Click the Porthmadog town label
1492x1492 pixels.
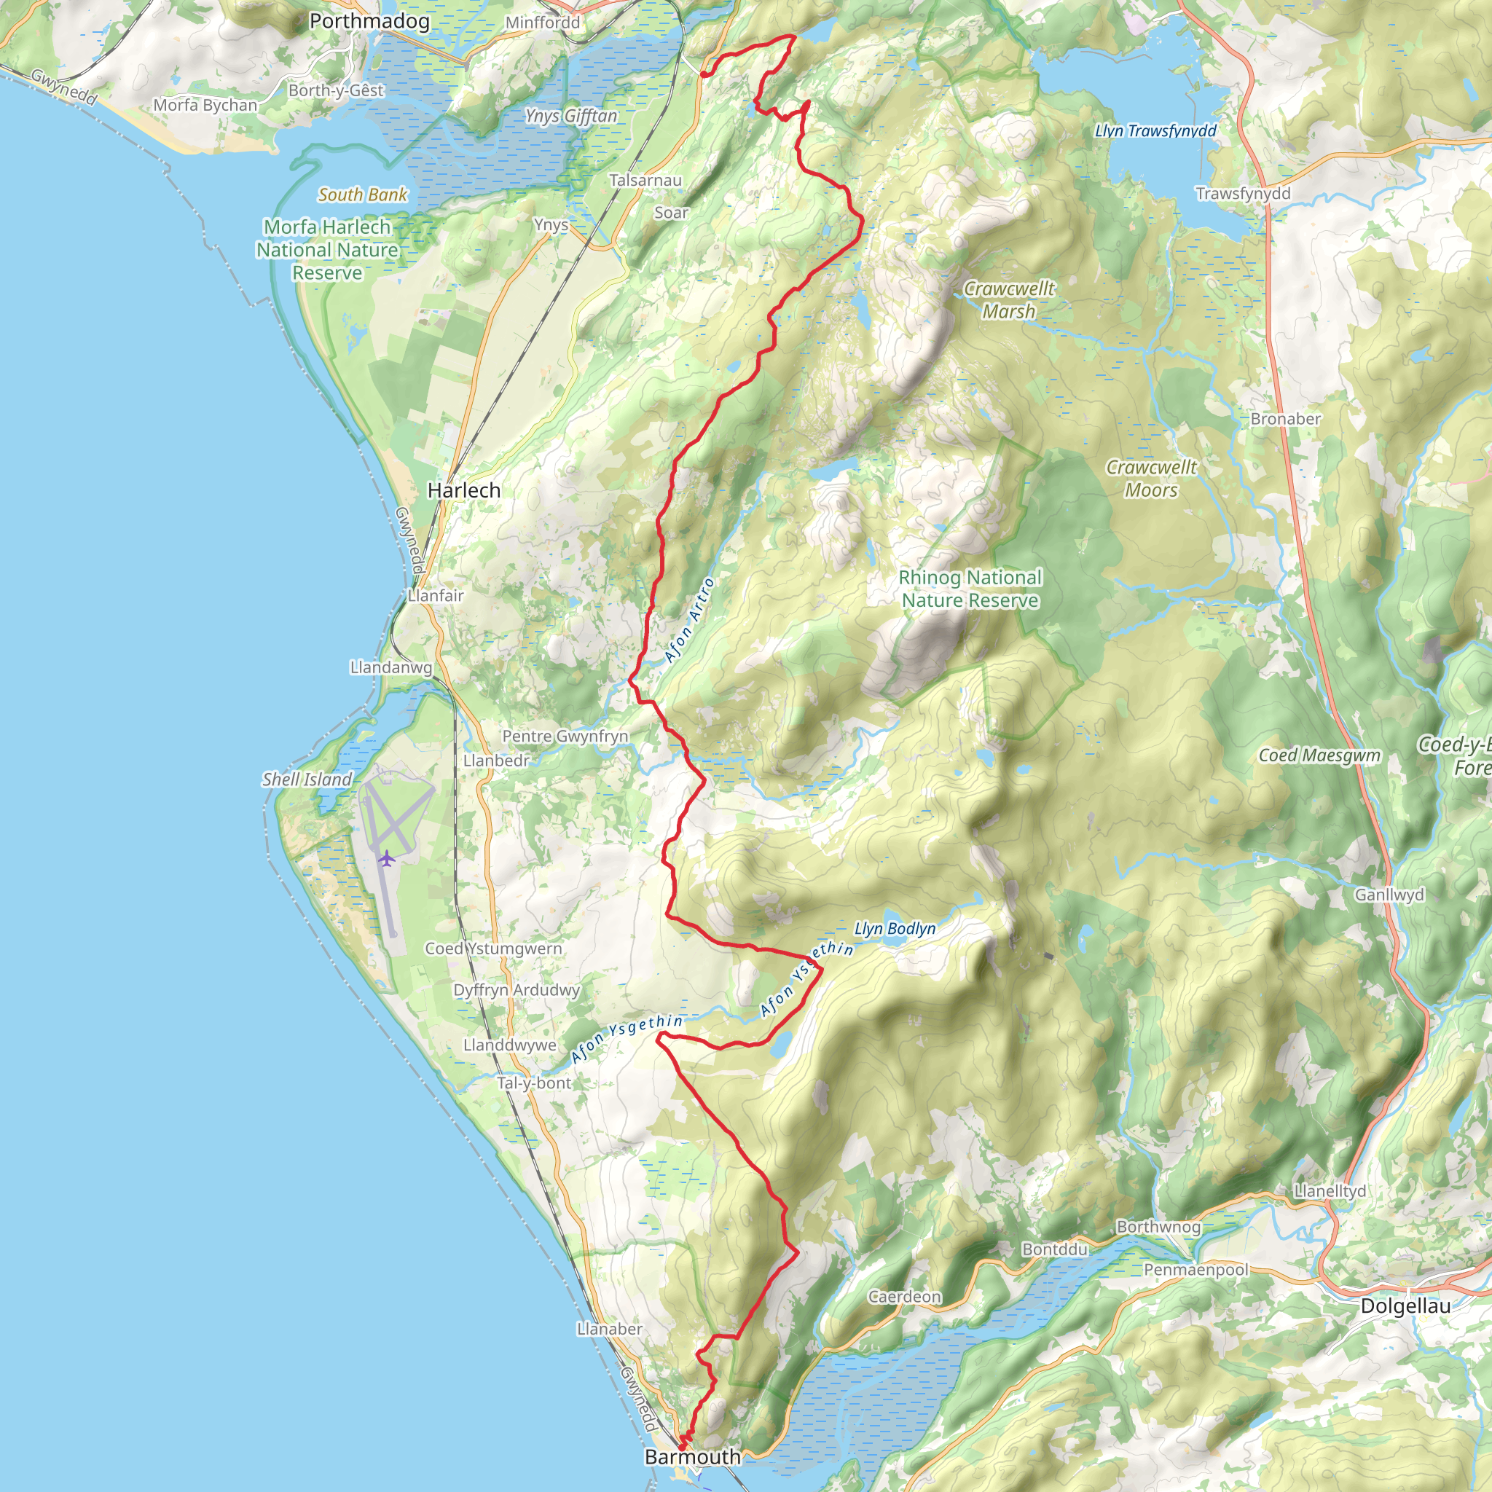click(369, 21)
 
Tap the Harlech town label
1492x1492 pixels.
click(463, 490)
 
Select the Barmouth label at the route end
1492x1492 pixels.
click(692, 1456)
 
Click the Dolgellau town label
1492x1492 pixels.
click(1405, 1306)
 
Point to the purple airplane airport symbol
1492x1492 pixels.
click(386, 858)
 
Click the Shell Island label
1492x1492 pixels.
click(307, 780)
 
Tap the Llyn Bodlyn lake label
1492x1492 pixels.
click(895, 928)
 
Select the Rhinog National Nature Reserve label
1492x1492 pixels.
click(970, 589)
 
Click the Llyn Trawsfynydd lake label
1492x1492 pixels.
click(1155, 130)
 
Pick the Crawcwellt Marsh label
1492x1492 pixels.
click(1008, 299)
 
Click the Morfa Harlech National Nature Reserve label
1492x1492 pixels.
click(327, 249)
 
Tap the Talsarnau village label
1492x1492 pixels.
click(645, 180)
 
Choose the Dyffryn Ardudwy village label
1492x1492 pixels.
click(516, 990)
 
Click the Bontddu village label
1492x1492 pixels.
click(1054, 1249)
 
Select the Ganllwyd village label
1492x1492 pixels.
click(1389, 895)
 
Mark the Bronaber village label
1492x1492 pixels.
click(1285, 419)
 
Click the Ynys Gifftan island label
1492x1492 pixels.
click(570, 116)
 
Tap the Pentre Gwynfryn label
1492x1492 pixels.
click(565, 736)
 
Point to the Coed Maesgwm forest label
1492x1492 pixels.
click(1319, 755)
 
